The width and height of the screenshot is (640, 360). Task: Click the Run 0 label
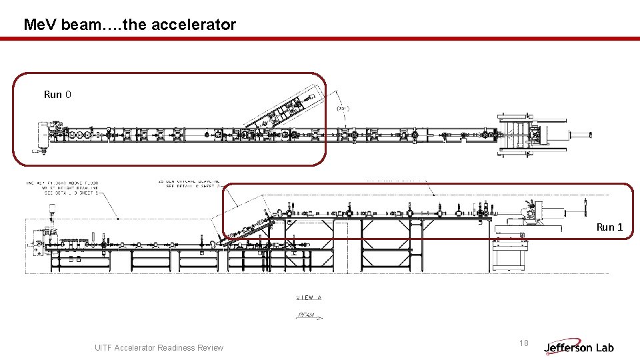pyautogui.click(x=57, y=95)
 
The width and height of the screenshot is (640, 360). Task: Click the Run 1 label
pyautogui.click(x=609, y=227)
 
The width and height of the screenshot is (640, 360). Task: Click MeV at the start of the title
pyautogui.click(x=39, y=25)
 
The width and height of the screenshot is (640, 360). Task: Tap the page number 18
pyautogui.click(x=523, y=343)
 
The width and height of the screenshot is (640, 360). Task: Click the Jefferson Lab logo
pyautogui.click(x=579, y=347)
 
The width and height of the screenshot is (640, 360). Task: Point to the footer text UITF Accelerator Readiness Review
pyautogui.click(x=159, y=347)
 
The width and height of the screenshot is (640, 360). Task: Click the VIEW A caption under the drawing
pyautogui.click(x=309, y=297)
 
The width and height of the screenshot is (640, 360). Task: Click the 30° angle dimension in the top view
pyautogui.click(x=343, y=108)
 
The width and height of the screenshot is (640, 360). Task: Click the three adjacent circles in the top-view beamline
pyautogui.click(x=81, y=135)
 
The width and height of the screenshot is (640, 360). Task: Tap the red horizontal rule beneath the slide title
pyautogui.click(x=320, y=39)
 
